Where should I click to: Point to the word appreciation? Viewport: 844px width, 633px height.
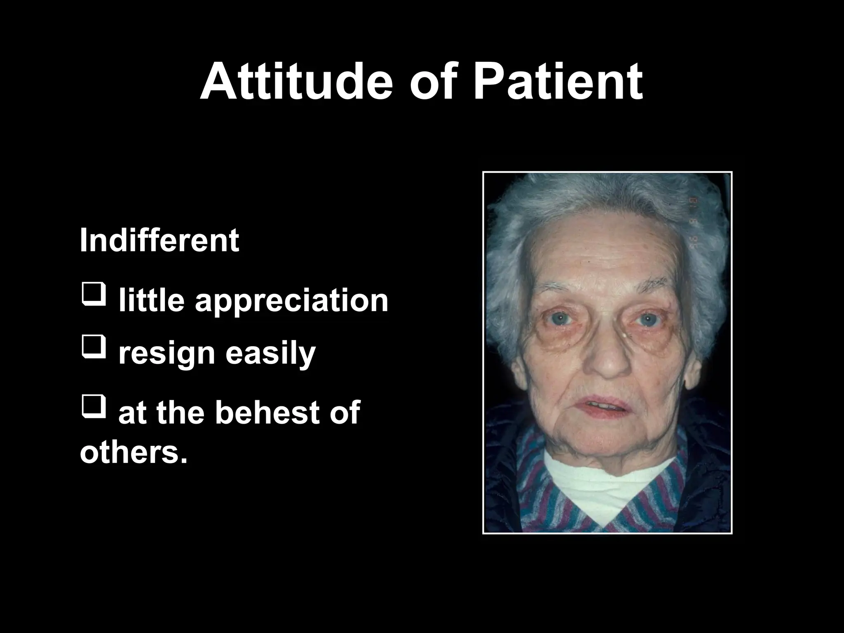click(291, 302)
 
